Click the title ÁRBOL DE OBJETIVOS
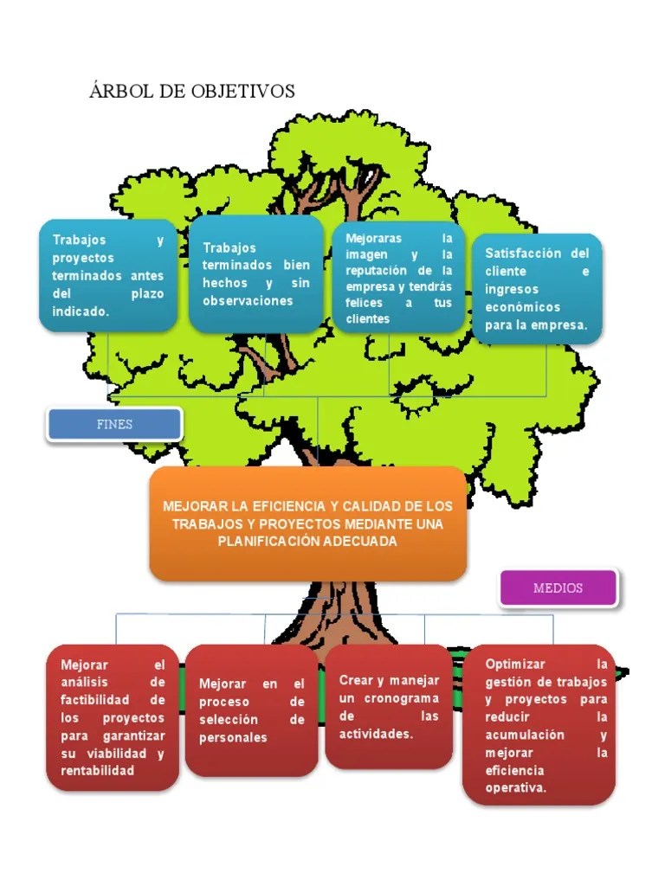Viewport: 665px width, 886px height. tap(191, 90)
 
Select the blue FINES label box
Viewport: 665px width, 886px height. tap(114, 424)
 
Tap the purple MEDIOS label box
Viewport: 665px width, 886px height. tap(558, 587)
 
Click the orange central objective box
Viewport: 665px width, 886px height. tap(308, 523)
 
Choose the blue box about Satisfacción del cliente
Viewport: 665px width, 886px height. tap(537, 289)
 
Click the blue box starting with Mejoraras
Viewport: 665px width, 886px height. tap(398, 278)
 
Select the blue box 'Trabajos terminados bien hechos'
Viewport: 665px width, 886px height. tap(256, 273)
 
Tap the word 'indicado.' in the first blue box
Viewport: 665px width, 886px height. tap(81, 311)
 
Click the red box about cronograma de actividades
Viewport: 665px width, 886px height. tap(389, 706)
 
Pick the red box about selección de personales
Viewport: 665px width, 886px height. tap(252, 710)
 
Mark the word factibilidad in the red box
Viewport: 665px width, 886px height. tap(95, 699)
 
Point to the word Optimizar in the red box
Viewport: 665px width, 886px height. tap(515, 664)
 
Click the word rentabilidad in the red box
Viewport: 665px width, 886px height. tap(97, 770)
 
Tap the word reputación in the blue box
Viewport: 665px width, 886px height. tap(376, 271)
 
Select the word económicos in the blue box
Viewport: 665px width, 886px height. tap(522, 307)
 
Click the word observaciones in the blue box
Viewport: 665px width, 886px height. tap(248, 300)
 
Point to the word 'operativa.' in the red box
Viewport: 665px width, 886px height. tap(516, 787)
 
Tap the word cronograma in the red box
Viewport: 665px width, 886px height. tap(402, 698)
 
